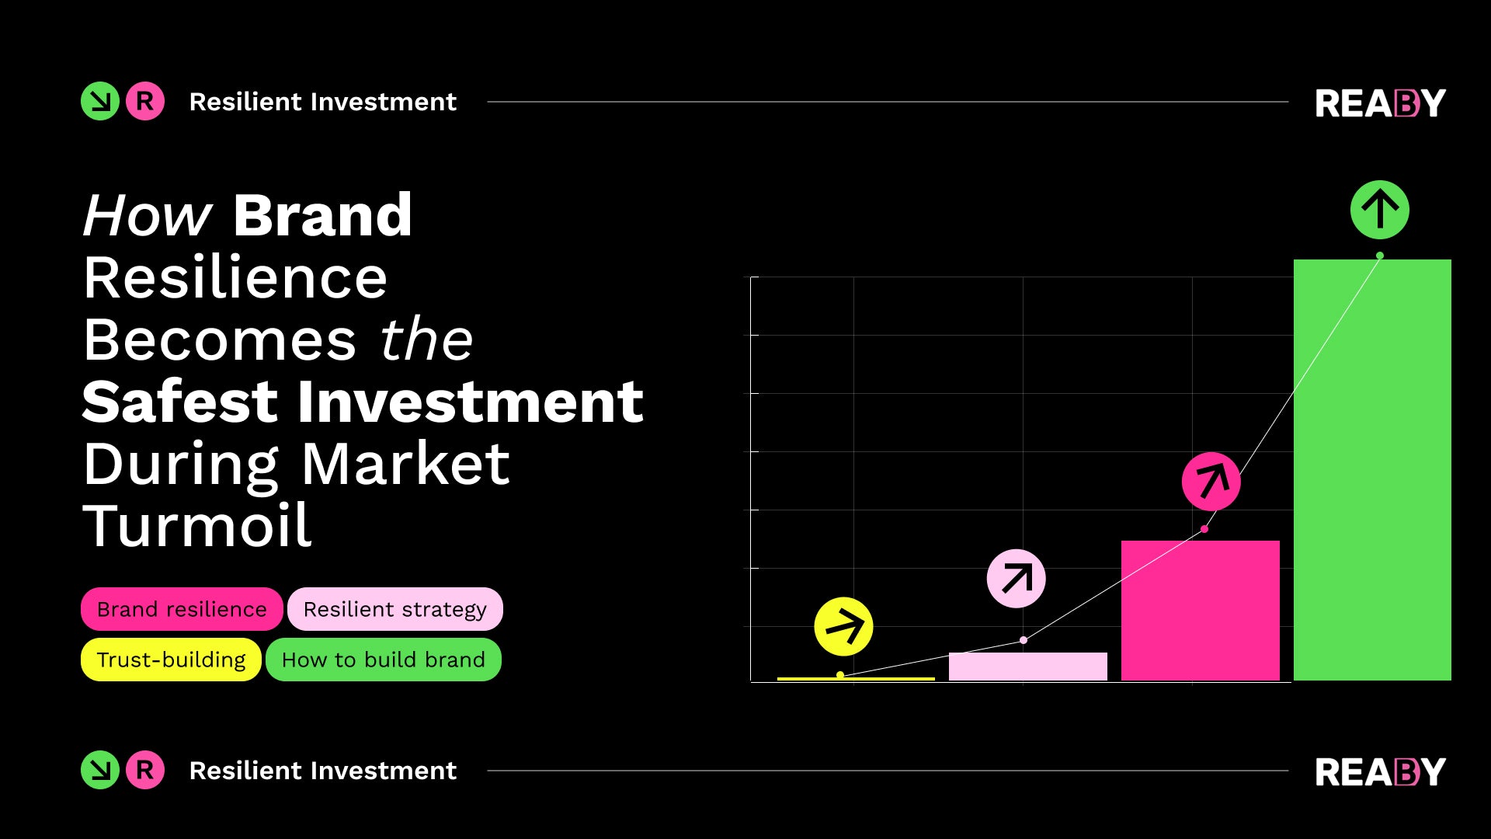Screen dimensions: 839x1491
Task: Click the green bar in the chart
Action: [x=1372, y=470]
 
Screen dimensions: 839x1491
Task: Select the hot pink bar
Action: [x=1200, y=611]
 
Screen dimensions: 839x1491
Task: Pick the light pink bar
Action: [x=1027, y=667]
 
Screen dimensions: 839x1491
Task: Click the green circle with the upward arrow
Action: [x=1379, y=210]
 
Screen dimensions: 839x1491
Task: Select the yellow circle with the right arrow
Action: [x=843, y=626]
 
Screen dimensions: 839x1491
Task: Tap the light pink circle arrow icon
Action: [x=1016, y=579]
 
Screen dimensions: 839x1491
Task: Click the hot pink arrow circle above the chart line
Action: [x=1211, y=482]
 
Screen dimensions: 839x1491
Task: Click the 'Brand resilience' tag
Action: [x=182, y=609]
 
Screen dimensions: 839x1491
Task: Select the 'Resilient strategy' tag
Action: [x=394, y=609]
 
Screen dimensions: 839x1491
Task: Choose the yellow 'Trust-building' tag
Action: [x=171, y=660]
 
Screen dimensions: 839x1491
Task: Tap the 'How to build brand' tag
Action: [x=383, y=660]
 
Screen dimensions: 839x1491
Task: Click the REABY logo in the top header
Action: [x=1380, y=103]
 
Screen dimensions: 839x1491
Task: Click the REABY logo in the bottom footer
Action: [x=1380, y=771]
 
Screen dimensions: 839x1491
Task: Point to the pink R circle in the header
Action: [x=145, y=101]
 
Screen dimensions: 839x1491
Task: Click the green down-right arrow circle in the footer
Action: [x=100, y=770]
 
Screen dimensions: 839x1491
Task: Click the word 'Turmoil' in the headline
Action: [x=197, y=526]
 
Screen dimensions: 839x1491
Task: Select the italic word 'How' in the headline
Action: [x=147, y=215]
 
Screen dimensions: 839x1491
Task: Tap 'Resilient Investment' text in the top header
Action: [x=322, y=102]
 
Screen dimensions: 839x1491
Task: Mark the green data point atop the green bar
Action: [x=1380, y=256]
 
